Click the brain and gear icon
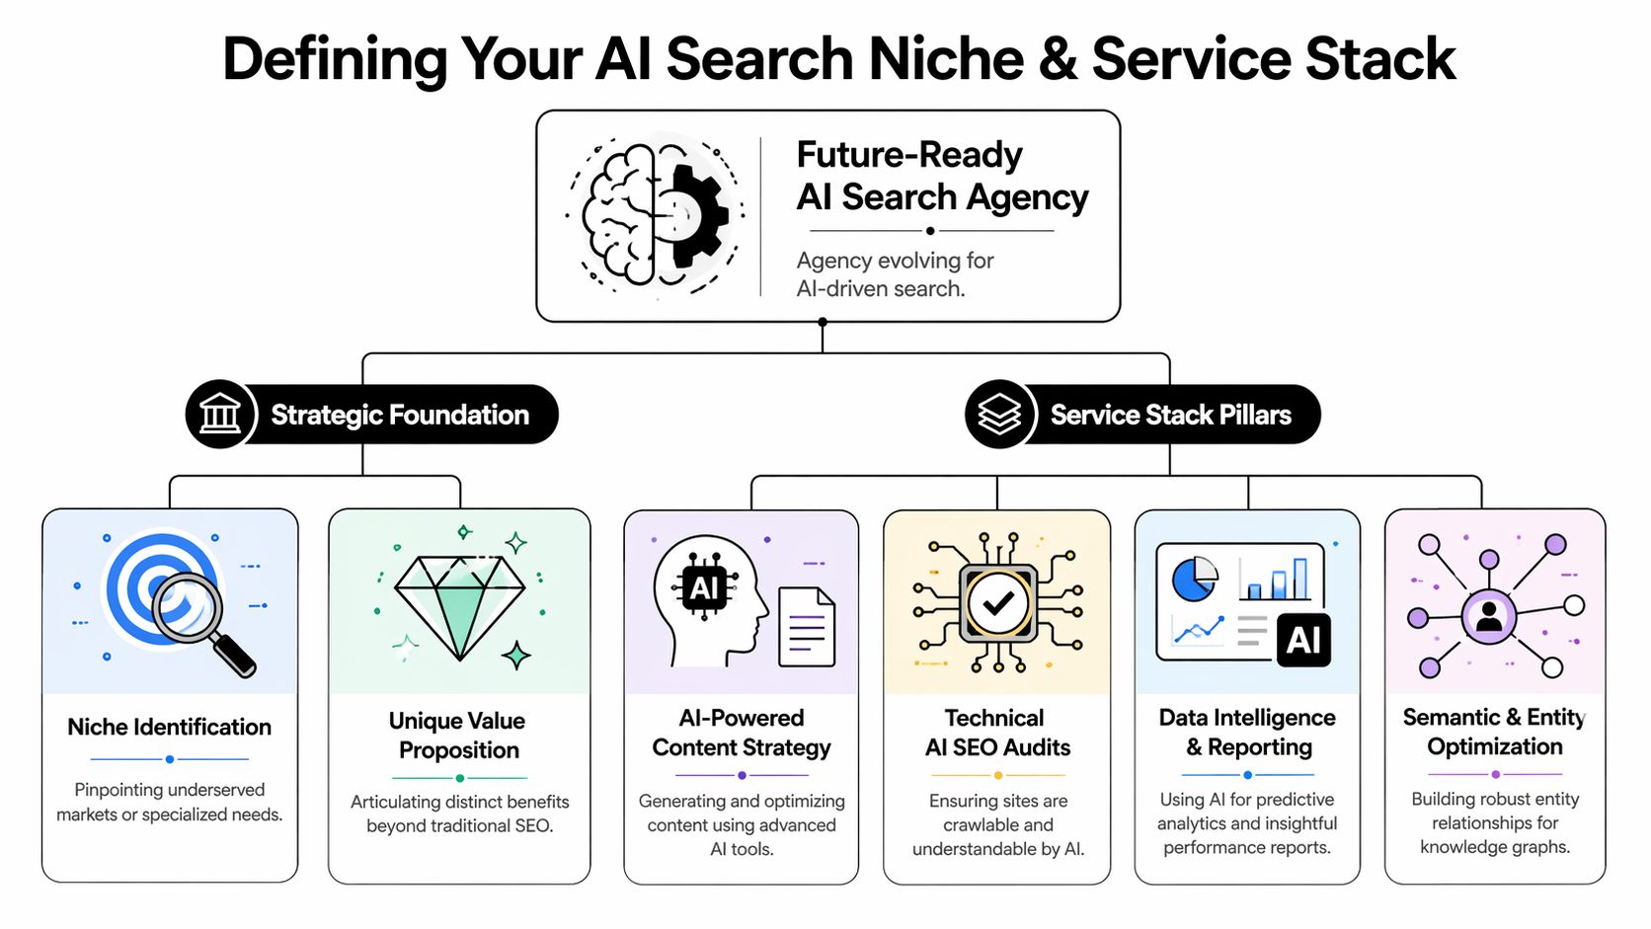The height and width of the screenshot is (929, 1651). pos(654,215)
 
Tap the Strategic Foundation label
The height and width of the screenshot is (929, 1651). pos(400,415)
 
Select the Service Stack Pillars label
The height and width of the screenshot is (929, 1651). pos(1170,415)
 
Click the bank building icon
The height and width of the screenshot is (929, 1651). pos(220,415)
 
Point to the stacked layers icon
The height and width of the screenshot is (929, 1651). pos(999,415)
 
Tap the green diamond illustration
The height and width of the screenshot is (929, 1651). pos(460,605)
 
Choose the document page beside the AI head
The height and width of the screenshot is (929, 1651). pos(807,627)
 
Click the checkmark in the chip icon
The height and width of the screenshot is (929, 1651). pos(998,603)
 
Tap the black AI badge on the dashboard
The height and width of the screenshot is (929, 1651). pos(1303,641)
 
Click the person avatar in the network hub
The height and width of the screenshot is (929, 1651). pos(1489,617)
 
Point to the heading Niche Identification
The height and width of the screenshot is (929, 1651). pos(170,728)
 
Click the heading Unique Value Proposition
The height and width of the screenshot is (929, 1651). pos(458,735)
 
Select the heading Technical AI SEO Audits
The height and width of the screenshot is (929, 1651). pos(997,733)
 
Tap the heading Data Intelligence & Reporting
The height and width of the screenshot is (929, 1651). pos(1247,733)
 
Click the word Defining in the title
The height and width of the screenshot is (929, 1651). pos(335,59)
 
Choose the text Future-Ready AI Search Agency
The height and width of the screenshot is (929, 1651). pos(941,176)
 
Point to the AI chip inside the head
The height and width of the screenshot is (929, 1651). pos(704,588)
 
